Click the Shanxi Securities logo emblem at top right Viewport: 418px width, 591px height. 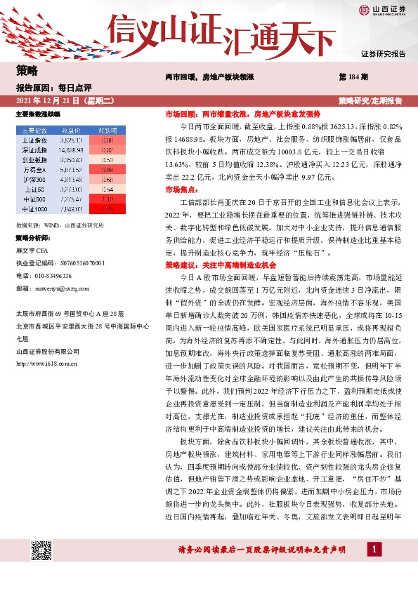pyautogui.click(x=365, y=10)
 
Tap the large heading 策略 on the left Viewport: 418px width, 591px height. pyautogui.click(x=27, y=71)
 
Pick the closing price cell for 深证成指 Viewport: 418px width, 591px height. pyautogui.click(x=72, y=150)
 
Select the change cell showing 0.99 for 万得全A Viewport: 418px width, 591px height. pyautogui.click(x=107, y=169)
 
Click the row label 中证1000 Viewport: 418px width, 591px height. pyautogui.click(x=34, y=208)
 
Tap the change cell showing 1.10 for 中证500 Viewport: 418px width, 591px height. pyautogui.click(x=107, y=199)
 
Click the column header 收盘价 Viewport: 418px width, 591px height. pyautogui.click(x=72, y=130)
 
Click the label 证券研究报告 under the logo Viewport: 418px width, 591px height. pyautogui.click(x=384, y=54)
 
